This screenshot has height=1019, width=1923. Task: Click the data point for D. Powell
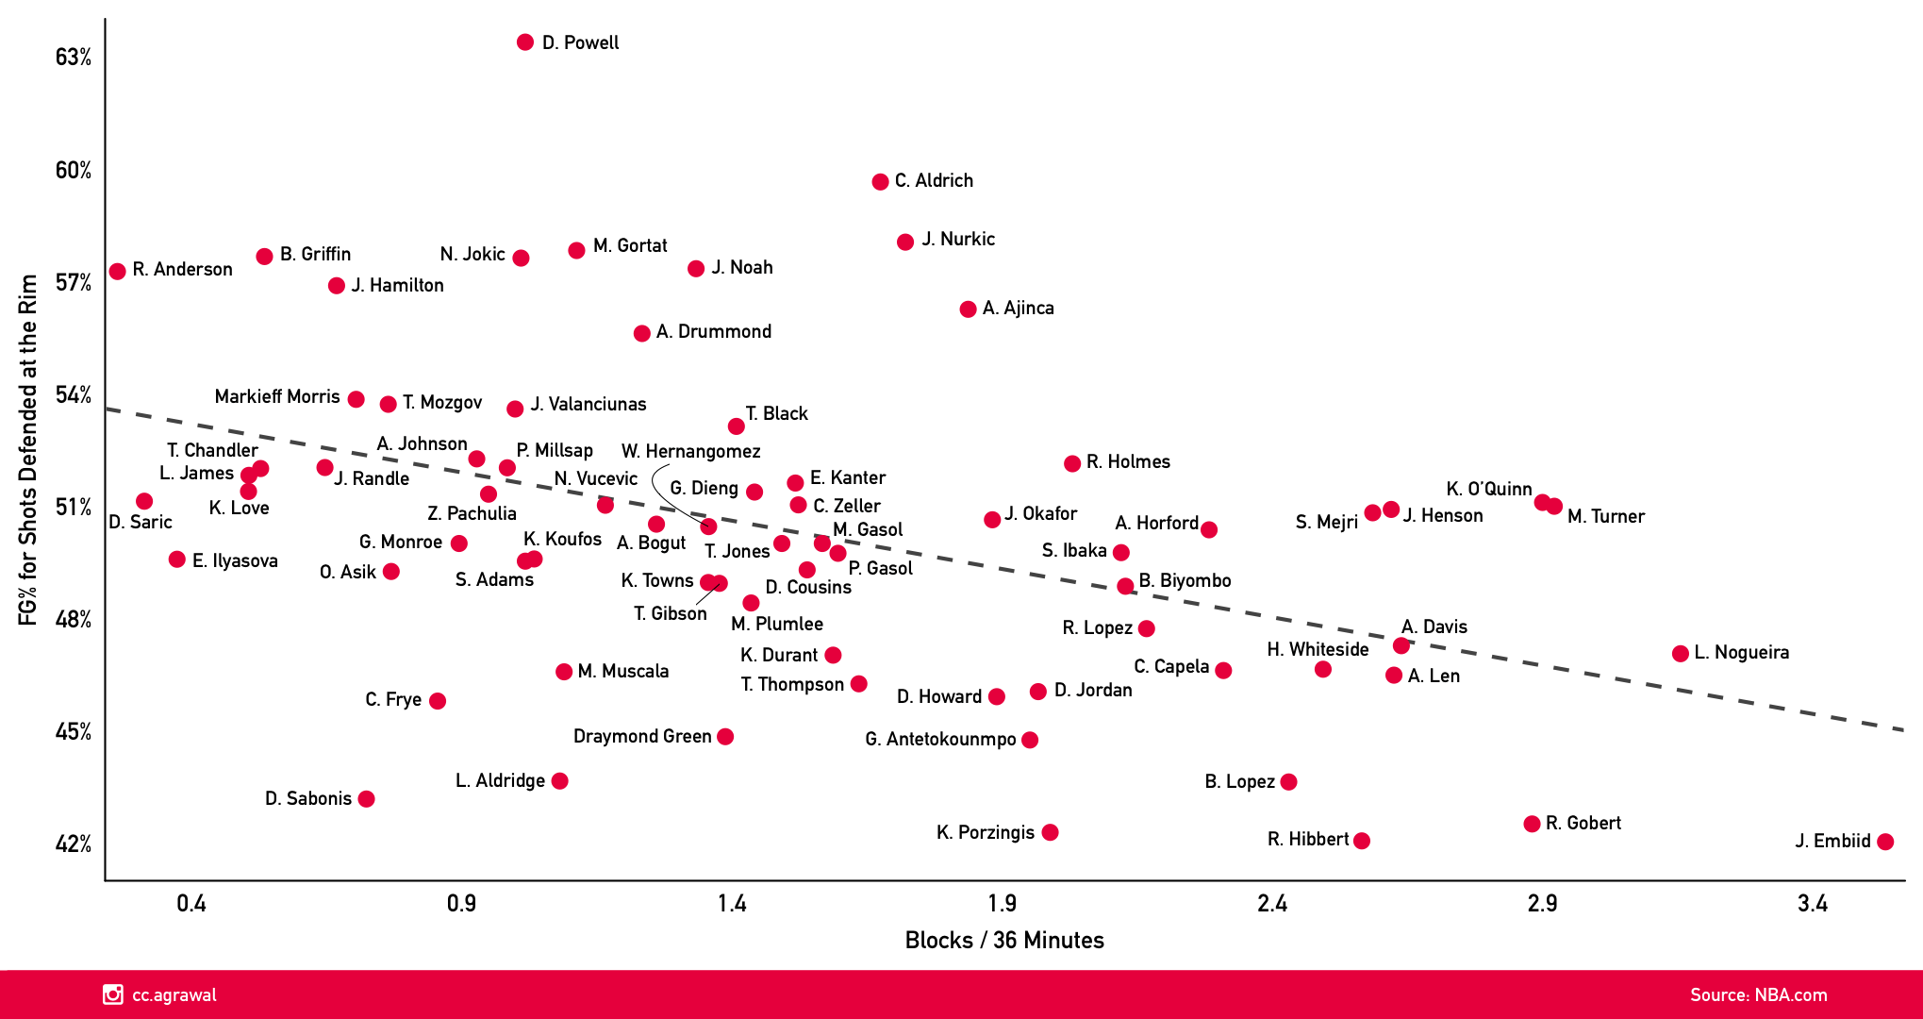(525, 42)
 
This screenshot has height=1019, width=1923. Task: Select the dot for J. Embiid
(1885, 842)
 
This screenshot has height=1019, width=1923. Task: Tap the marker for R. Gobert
(1532, 824)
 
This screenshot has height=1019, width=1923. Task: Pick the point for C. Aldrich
(880, 181)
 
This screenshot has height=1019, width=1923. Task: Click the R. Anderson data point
(118, 272)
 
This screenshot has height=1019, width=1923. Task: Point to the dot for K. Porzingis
(1050, 832)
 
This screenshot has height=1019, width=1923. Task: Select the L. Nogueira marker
(1680, 654)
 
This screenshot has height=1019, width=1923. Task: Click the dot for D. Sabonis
(367, 799)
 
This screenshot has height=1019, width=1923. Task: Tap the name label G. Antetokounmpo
(940, 739)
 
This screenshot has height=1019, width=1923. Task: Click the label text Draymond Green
(642, 736)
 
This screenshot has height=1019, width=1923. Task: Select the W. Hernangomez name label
(690, 451)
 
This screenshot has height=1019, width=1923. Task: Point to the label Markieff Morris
(277, 396)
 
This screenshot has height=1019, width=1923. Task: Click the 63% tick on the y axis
(74, 58)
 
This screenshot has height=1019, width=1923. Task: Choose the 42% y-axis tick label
(74, 844)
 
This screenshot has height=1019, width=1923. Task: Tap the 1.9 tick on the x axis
(1002, 904)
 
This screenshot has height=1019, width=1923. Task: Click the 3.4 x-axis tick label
(1812, 904)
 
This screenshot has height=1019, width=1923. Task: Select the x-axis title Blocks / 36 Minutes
(1004, 941)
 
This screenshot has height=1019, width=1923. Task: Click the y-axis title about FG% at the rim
(28, 449)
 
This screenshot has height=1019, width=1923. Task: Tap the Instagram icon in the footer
(113, 994)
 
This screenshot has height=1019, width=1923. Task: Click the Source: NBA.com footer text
(1758, 994)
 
